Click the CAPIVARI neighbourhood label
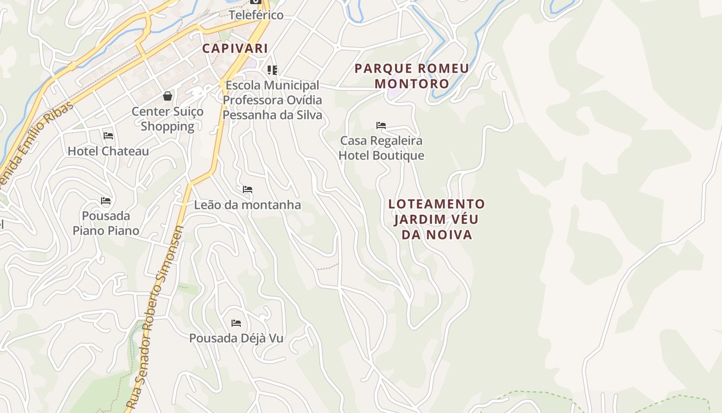pos(235,49)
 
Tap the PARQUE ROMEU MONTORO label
pos(412,76)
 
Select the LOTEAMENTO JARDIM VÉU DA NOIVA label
pos(436,219)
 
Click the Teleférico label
pos(256,15)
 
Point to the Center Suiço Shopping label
pos(168,119)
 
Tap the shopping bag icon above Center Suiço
pos(168,96)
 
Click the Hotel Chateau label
pos(108,151)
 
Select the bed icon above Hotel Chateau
pos(108,136)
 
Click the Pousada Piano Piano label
pos(106,223)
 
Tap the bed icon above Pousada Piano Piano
pos(106,201)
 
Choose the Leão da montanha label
pos(248,205)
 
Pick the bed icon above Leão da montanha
pos(248,189)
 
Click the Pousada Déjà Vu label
pos(236,339)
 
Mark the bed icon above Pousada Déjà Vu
pos(236,323)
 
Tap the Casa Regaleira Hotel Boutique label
pos(382,148)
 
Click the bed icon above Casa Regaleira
pos(381,125)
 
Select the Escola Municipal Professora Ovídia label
pos(272,100)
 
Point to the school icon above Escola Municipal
pos(272,70)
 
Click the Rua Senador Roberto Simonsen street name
pos(156,317)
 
